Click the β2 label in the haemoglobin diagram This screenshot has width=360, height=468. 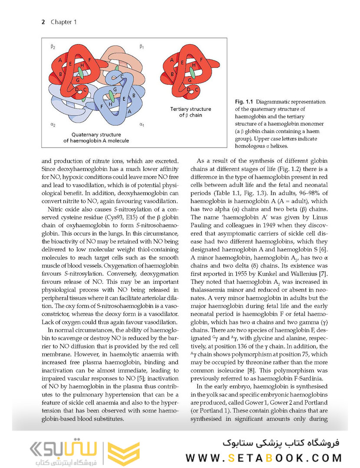pos(52,46)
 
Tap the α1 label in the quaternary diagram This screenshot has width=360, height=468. pos(141,125)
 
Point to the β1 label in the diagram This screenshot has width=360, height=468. pos(141,46)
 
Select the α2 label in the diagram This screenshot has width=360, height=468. pos(52,125)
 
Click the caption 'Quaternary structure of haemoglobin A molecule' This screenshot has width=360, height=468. pos(96,137)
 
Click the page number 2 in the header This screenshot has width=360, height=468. pos(43,22)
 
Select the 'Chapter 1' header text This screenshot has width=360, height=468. pos(63,22)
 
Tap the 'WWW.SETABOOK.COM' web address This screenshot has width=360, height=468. pos(264,457)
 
